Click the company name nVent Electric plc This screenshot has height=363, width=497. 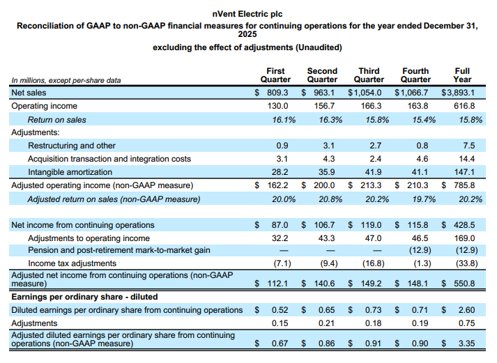(x=247, y=14)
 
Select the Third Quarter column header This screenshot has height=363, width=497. (x=369, y=75)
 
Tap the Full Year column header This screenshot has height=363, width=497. (x=462, y=75)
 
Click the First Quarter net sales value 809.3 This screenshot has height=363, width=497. (x=277, y=93)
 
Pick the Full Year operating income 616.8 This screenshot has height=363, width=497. (x=464, y=106)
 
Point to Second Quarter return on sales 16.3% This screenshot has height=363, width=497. (x=330, y=120)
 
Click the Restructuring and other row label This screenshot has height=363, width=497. (x=72, y=146)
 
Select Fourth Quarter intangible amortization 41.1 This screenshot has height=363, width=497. (x=420, y=172)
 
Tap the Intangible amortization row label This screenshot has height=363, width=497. (x=70, y=172)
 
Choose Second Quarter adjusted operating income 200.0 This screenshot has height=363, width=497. (x=324, y=185)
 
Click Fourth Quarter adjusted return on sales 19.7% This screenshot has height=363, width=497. (x=424, y=199)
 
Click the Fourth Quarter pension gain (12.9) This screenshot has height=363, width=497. (x=420, y=250)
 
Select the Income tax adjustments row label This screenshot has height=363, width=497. (x=72, y=263)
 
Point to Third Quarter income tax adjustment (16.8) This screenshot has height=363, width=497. (x=374, y=263)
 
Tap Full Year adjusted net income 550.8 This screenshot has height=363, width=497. (x=464, y=283)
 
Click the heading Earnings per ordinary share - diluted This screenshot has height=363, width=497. (x=84, y=297)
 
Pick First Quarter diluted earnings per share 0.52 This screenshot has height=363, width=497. (x=280, y=310)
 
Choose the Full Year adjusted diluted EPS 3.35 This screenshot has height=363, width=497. (x=466, y=343)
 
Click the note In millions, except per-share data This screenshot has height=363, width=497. (x=66, y=80)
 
